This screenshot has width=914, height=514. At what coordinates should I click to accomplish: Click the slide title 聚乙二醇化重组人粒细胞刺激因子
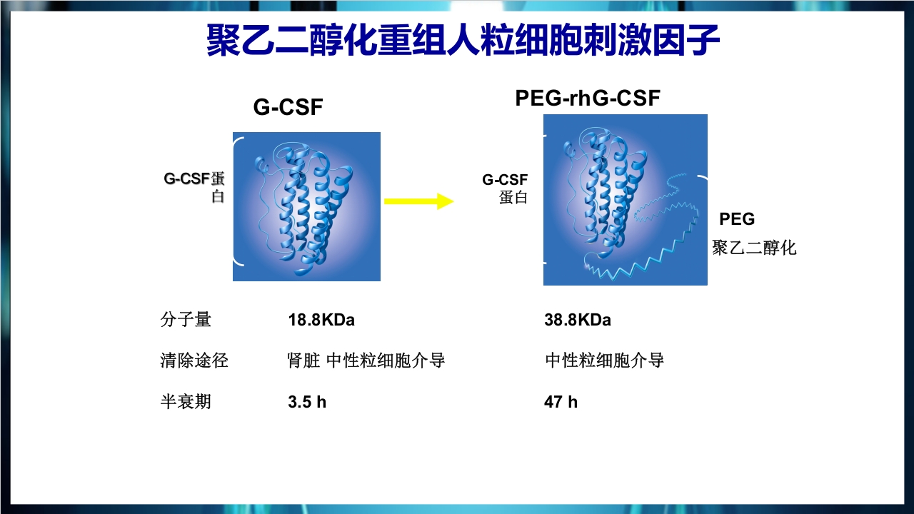(463, 41)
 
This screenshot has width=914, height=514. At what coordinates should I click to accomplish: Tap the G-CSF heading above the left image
(288, 108)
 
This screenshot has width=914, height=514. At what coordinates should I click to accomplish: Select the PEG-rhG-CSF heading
(588, 98)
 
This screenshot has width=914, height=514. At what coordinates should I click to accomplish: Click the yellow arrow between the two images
(418, 201)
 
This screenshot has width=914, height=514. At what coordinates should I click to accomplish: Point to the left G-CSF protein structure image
(306, 206)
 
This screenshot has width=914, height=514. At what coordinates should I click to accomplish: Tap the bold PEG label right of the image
(737, 219)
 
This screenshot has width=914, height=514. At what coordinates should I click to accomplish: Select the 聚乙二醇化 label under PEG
(754, 248)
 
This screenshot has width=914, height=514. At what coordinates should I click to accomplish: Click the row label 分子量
(186, 320)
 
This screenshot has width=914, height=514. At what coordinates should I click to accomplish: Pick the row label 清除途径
(194, 361)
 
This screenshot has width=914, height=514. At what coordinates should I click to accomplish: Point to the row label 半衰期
(186, 402)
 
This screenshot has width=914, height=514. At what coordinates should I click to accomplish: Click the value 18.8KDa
(321, 320)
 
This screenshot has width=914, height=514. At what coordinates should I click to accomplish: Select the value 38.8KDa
(578, 320)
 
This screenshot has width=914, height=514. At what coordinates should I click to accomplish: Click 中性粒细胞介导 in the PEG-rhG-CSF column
(604, 361)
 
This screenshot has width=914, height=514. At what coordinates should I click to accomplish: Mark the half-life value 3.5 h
(307, 402)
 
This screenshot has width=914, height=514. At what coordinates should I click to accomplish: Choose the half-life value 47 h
(561, 402)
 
